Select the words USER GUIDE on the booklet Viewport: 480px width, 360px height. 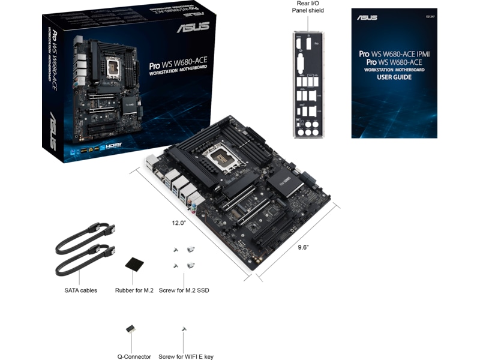[394, 78]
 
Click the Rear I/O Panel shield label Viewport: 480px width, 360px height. [308, 7]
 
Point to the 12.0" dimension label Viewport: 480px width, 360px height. [179, 223]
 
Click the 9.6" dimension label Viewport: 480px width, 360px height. [303, 248]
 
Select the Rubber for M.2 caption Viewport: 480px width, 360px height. [134, 290]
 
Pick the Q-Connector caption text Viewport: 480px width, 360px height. [134, 356]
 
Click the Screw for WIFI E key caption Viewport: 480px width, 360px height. [186, 356]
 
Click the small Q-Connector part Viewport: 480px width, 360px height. [130, 329]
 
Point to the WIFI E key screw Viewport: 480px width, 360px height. [184, 329]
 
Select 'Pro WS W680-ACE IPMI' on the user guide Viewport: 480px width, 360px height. [394, 53]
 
